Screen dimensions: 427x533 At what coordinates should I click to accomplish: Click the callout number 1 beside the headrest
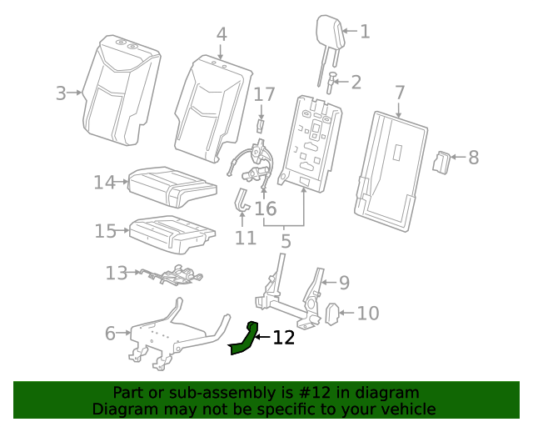click(364, 32)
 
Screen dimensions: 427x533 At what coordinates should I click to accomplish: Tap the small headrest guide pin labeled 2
click(332, 83)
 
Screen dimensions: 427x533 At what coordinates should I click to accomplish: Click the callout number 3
click(61, 93)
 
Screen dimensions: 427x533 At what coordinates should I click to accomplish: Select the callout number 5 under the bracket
click(286, 242)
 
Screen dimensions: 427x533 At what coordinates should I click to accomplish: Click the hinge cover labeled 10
click(331, 314)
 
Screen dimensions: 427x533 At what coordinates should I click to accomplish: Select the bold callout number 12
click(284, 338)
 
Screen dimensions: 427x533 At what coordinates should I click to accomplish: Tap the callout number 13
click(116, 272)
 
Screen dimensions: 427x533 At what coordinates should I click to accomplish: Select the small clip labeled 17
click(259, 125)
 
